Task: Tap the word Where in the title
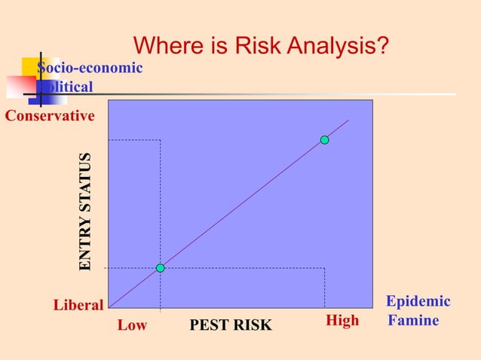166,47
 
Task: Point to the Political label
66,87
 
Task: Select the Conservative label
51,116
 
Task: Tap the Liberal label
78,305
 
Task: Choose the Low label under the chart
132,325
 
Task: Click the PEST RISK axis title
231,325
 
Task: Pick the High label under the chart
342,322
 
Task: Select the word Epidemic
418,301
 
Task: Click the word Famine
413,321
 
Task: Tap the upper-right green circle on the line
324,140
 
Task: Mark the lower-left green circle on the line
160,268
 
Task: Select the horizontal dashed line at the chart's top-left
134,140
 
